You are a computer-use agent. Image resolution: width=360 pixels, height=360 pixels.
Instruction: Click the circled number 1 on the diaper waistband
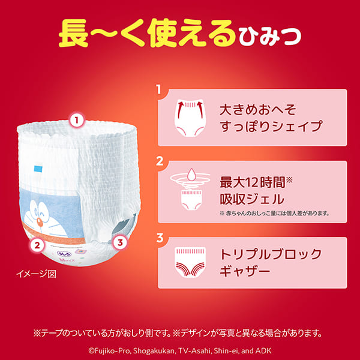tap(76, 120)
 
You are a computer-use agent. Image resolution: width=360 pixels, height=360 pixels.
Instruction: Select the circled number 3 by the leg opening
tap(120, 242)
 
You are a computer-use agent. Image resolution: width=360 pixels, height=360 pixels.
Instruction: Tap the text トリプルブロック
tap(271, 254)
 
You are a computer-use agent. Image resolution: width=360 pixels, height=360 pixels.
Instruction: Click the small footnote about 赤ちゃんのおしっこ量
tap(275, 213)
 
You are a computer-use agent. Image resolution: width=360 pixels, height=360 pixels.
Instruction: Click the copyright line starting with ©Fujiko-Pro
tap(180, 348)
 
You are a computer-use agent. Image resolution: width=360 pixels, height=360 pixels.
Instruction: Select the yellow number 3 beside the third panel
tap(160, 238)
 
